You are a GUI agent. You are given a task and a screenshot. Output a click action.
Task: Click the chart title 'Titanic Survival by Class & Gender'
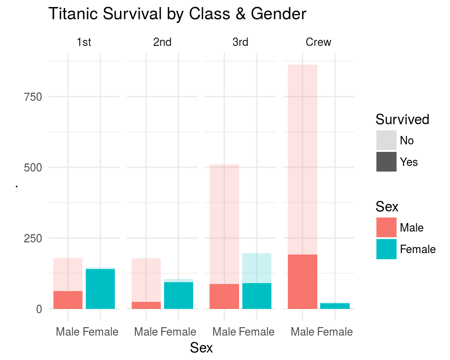pyautogui.click(x=177, y=14)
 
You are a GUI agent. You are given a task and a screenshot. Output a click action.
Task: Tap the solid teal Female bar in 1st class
pyautogui.click(x=100, y=289)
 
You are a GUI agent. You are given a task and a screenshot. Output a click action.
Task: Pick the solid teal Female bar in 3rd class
pyautogui.click(x=257, y=296)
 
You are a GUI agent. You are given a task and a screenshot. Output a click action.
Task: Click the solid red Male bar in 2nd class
pyautogui.click(x=146, y=305)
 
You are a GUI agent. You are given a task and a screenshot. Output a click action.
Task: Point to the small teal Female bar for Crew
pyautogui.click(x=335, y=306)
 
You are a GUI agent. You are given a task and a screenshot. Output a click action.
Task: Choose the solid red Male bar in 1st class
pyautogui.click(x=68, y=300)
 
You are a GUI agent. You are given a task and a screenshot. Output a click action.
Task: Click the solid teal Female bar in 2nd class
pyautogui.click(x=179, y=295)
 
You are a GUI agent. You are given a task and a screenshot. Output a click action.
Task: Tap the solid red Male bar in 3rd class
pyautogui.click(x=224, y=296)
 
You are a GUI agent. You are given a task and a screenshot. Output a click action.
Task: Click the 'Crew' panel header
pyautogui.click(x=318, y=42)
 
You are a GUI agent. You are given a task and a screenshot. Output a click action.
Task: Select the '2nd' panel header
pyautogui.click(x=162, y=42)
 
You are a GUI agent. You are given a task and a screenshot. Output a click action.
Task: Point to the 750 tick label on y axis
pyautogui.click(x=33, y=97)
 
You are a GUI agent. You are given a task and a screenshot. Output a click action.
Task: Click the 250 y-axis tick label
pyautogui.click(x=33, y=238)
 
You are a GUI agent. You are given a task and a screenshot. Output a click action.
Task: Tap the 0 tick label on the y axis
pyautogui.click(x=39, y=309)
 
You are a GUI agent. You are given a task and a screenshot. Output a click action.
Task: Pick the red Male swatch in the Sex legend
pyautogui.click(x=386, y=227)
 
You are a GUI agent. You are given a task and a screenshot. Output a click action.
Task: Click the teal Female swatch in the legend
pyautogui.click(x=386, y=249)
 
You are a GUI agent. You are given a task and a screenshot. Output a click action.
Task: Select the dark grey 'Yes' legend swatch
pyautogui.click(x=386, y=162)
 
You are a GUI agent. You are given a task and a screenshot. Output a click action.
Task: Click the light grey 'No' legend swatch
pyautogui.click(x=386, y=140)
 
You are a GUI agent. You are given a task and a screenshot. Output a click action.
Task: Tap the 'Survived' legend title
pyautogui.click(x=402, y=120)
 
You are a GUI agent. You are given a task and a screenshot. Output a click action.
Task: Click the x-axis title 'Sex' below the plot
pyautogui.click(x=201, y=348)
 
